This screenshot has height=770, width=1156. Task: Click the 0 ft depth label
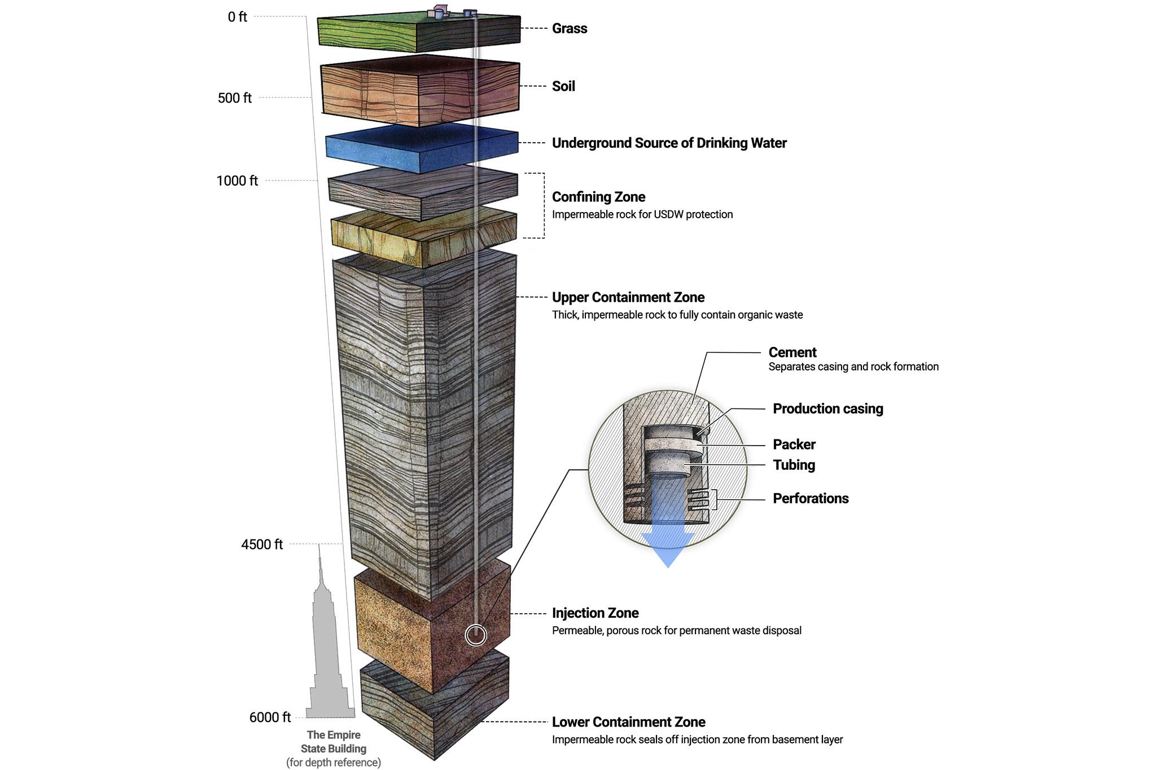pyautogui.click(x=237, y=17)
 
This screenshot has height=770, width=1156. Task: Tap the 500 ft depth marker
pyautogui.click(x=234, y=98)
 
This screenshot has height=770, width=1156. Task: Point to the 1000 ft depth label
pyautogui.click(x=237, y=181)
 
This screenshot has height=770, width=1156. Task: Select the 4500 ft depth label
pyautogui.click(x=262, y=544)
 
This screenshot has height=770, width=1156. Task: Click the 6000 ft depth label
pyautogui.click(x=270, y=718)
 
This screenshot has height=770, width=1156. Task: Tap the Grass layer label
pyautogui.click(x=570, y=29)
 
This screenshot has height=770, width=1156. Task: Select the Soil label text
pyautogui.click(x=563, y=86)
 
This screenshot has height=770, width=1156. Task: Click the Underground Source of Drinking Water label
pyautogui.click(x=669, y=143)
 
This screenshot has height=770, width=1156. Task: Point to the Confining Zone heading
pyautogui.click(x=598, y=197)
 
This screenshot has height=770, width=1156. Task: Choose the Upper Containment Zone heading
pyautogui.click(x=628, y=297)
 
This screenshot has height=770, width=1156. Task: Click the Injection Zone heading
pyautogui.click(x=595, y=613)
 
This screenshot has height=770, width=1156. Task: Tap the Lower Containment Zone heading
pyautogui.click(x=628, y=722)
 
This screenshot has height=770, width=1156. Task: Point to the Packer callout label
pyautogui.click(x=794, y=445)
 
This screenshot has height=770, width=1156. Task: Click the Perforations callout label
pyautogui.click(x=811, y=499)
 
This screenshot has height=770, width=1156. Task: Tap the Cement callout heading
pyautogui.click(x=792, y=353)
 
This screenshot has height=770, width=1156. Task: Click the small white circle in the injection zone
pyautogui.click(x=476, y=635)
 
